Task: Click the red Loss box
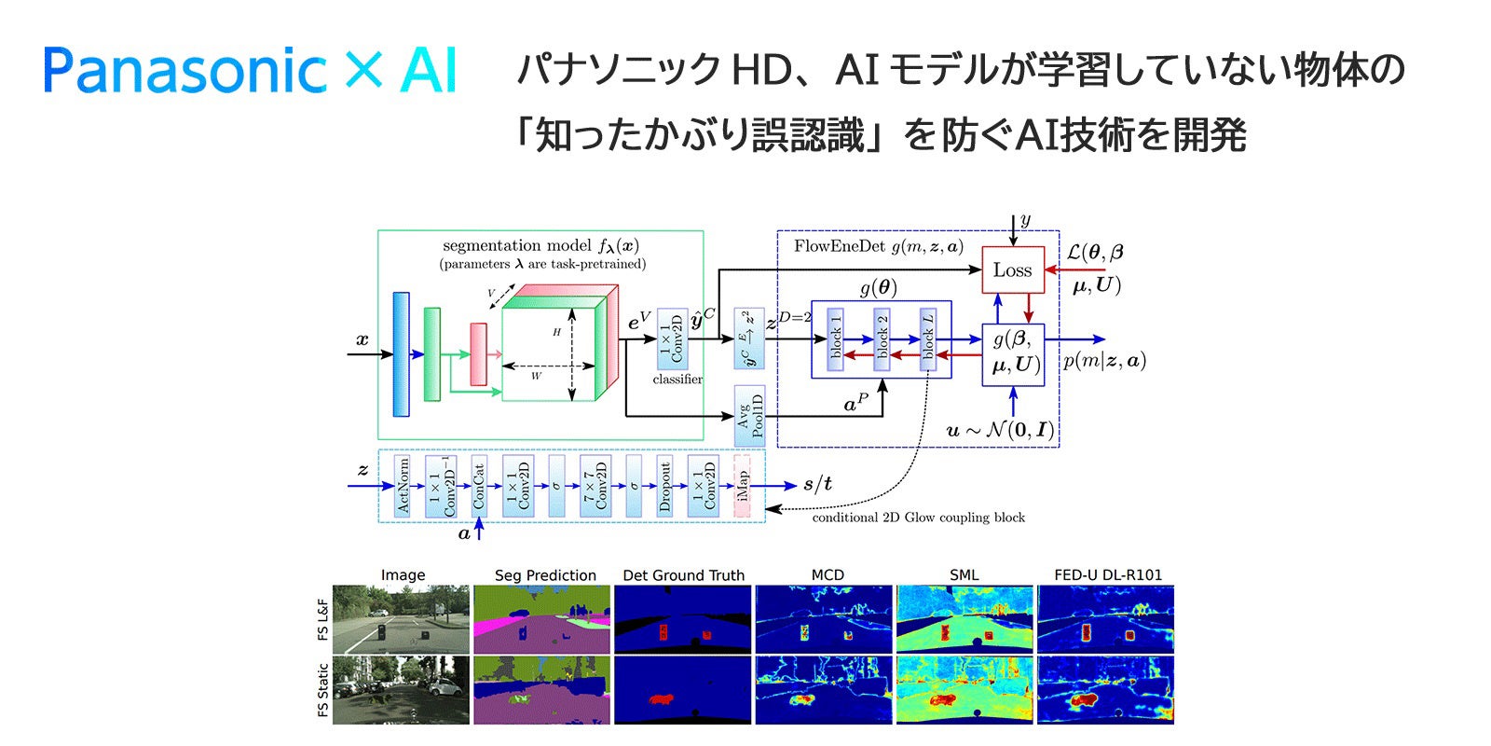1012,270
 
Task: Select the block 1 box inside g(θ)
835,339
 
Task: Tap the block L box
927,339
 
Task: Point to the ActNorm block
403,485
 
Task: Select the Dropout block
664,485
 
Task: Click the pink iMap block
742,485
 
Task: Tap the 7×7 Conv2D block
595,485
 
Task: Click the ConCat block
478,485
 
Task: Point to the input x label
362,340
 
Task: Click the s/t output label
817,484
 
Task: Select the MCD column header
827,575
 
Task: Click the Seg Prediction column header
545,575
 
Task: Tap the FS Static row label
323,690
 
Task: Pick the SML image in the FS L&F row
964,619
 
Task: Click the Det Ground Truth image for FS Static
683,690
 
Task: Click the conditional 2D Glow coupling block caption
918,518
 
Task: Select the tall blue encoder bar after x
401,353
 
